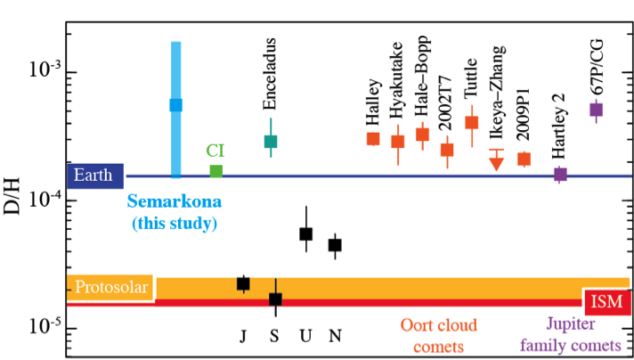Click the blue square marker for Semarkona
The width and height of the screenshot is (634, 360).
(176, 105)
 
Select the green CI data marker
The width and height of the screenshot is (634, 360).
(215, 171)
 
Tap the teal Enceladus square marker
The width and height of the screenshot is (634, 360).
(271, 141)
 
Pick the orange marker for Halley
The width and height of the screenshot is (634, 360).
(373, 138)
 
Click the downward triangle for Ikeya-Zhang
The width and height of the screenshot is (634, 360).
(497, 162)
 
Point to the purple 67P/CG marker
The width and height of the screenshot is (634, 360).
(596, 110)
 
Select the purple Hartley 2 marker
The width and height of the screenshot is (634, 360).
(560, 174)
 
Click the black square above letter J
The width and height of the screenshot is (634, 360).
(243, 283)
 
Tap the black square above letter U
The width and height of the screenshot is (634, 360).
(305, 233)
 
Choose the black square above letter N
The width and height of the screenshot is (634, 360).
(335, 245)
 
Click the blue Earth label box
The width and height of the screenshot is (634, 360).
(93, 176)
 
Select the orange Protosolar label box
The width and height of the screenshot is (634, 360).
(110, 288)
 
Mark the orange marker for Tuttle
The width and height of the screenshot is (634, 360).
(471, 122)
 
